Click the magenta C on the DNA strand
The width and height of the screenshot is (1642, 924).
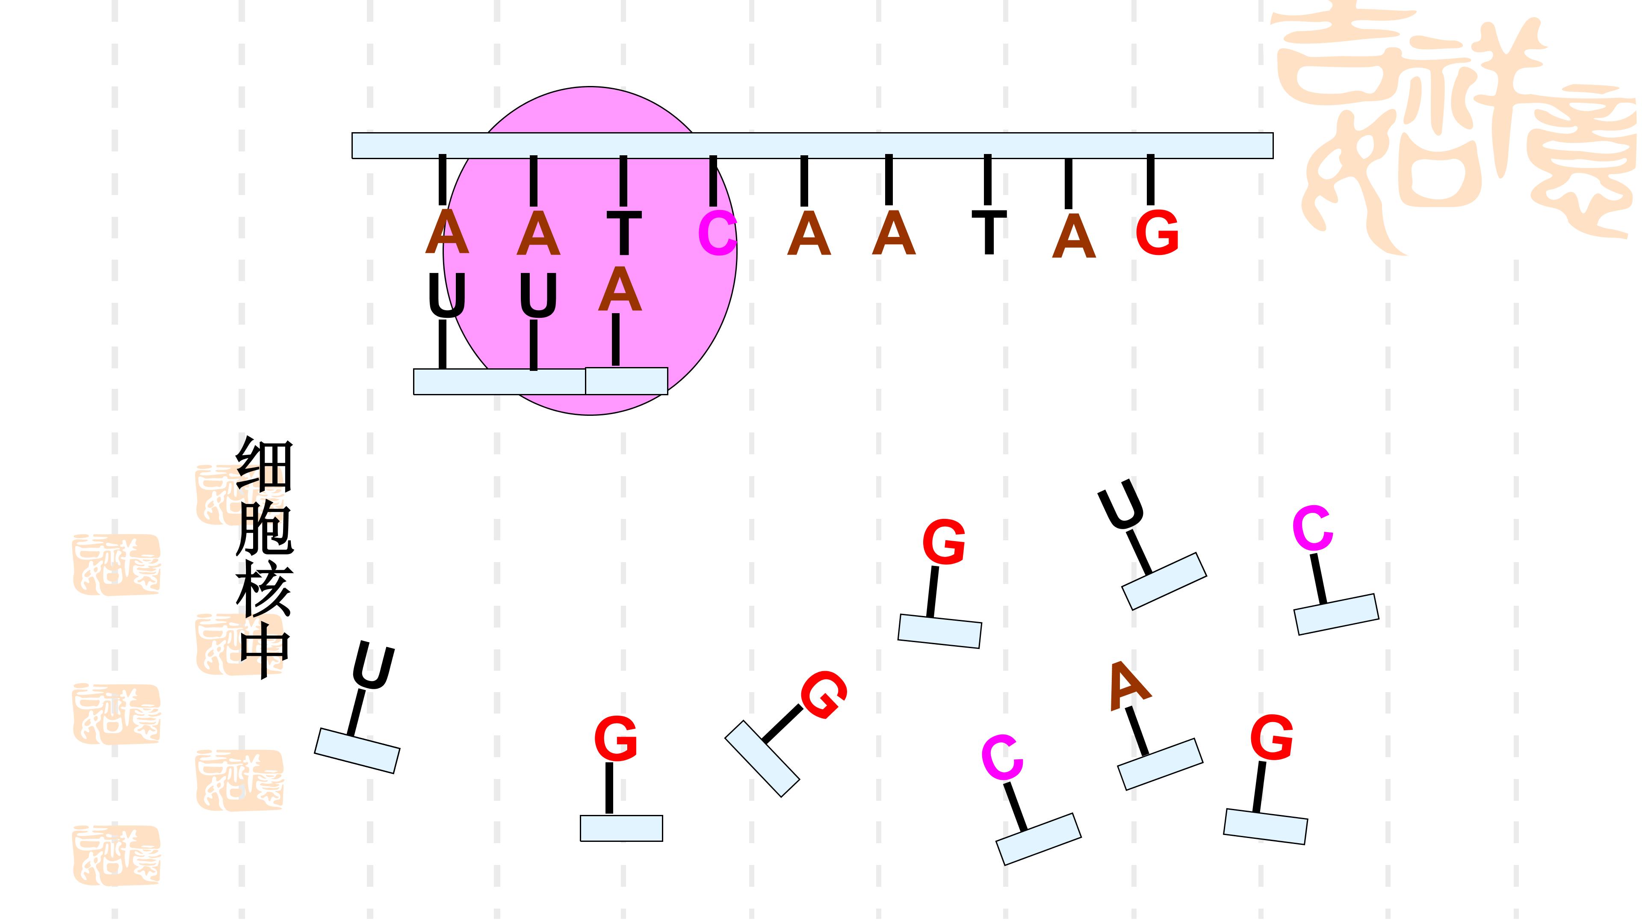[x=717, y=234]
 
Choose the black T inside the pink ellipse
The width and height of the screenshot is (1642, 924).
[x=623, y=233]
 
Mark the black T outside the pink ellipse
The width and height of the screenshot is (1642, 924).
[x=989, y=232]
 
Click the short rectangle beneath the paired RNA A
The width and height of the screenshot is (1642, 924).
[x=626, y=381]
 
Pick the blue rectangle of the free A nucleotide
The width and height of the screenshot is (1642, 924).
[x=1160, y=764]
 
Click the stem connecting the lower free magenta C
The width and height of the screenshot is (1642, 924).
[x=1014, y=806]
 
